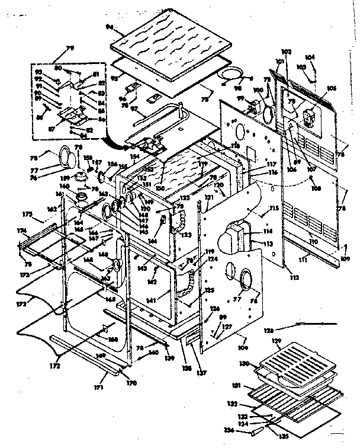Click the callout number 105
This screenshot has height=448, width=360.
pos(331,88)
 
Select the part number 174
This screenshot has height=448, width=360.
pos(21,230)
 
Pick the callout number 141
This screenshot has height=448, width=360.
pos(152,301)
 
